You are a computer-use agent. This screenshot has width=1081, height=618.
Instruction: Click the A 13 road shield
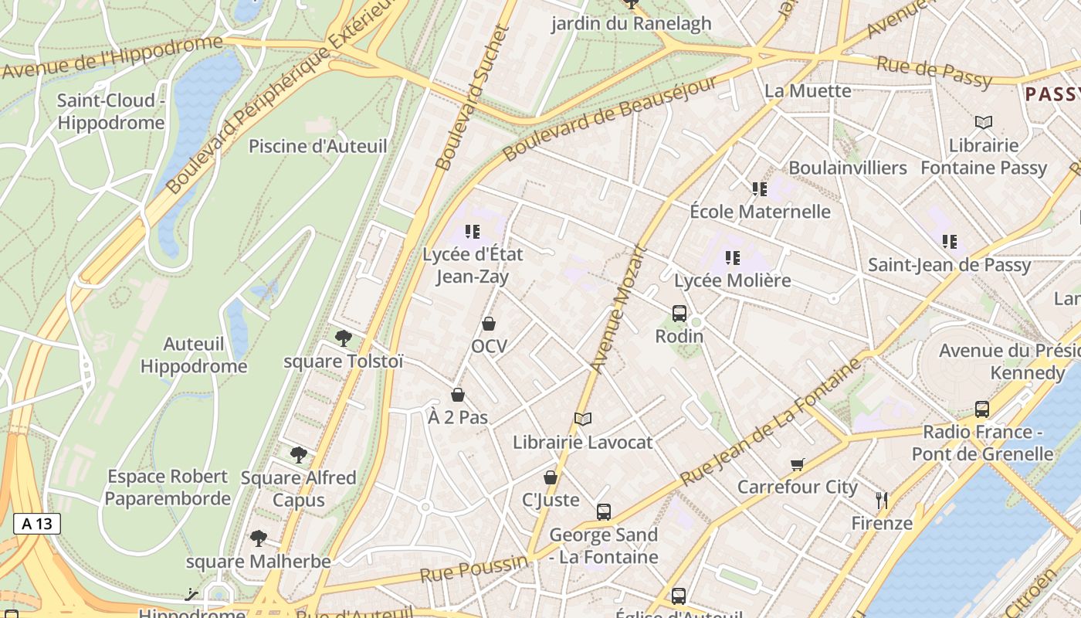[36, 524]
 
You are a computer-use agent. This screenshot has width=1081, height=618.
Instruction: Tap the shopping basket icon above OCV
[489, 324]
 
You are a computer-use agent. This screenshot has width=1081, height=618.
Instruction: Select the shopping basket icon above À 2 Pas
[458, 396]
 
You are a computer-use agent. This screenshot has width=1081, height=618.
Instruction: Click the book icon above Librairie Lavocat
[583, 419]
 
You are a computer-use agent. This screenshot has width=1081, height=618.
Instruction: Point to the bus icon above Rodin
[679, 313]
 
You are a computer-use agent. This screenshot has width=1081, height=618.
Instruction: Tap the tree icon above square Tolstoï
[344, 338]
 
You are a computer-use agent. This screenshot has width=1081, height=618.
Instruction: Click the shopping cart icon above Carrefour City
[798, 464]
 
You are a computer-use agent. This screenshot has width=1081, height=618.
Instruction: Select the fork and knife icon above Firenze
[882, 501]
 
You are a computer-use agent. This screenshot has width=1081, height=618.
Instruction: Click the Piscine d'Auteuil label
[317, 146]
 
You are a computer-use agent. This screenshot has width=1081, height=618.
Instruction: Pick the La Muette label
[808, 91]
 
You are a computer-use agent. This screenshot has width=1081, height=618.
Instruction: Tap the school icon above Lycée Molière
[733, 257]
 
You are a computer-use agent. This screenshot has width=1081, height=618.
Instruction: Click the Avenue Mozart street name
[618, 309]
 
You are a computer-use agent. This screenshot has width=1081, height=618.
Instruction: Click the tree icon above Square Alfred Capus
[299, 455]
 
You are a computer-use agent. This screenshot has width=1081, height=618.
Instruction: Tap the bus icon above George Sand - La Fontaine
[604, 511]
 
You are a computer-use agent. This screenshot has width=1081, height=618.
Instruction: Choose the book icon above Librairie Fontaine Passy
[983, 122]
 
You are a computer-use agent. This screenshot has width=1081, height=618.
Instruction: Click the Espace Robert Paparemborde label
[168, 487]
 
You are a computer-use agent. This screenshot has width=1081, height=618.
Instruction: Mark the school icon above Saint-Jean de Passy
[950, 242]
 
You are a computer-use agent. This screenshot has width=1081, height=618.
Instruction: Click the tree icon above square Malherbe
[258, 538]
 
